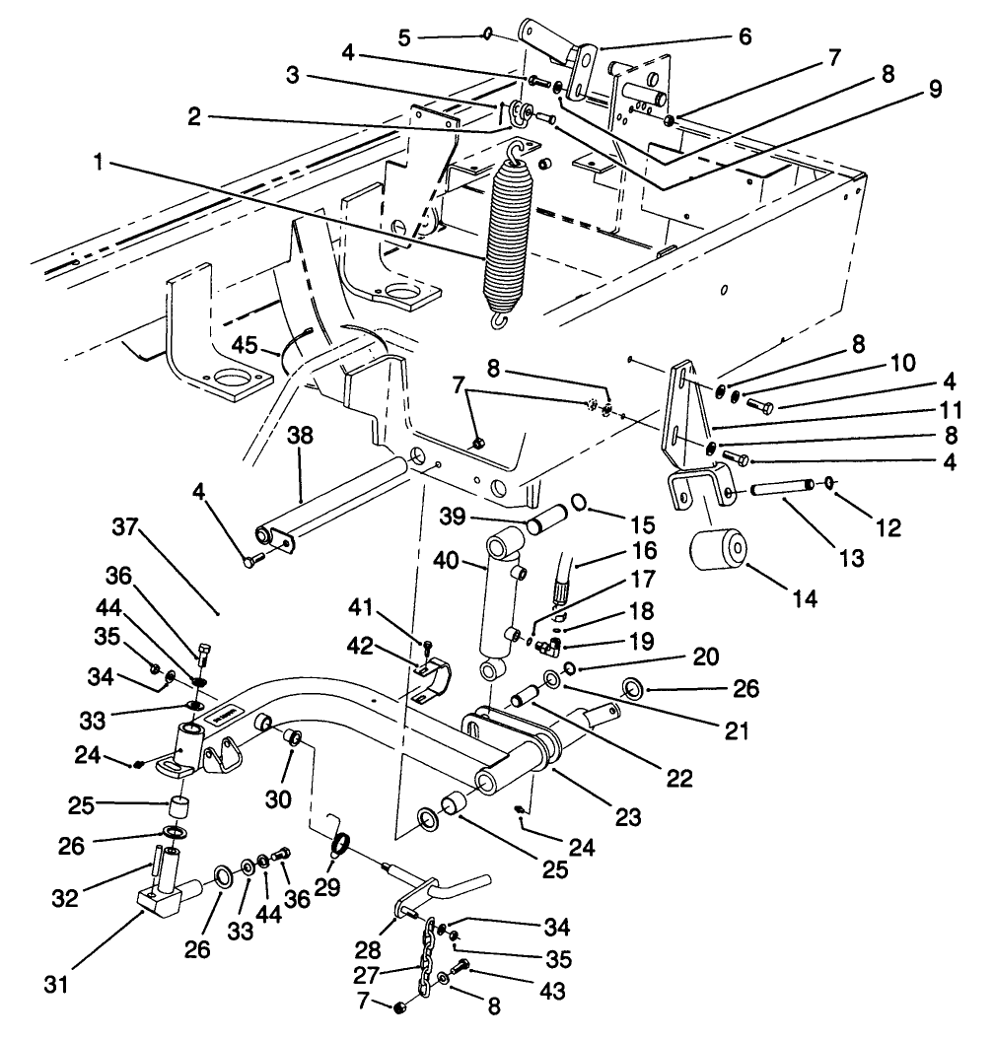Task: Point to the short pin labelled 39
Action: click(545, 517)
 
